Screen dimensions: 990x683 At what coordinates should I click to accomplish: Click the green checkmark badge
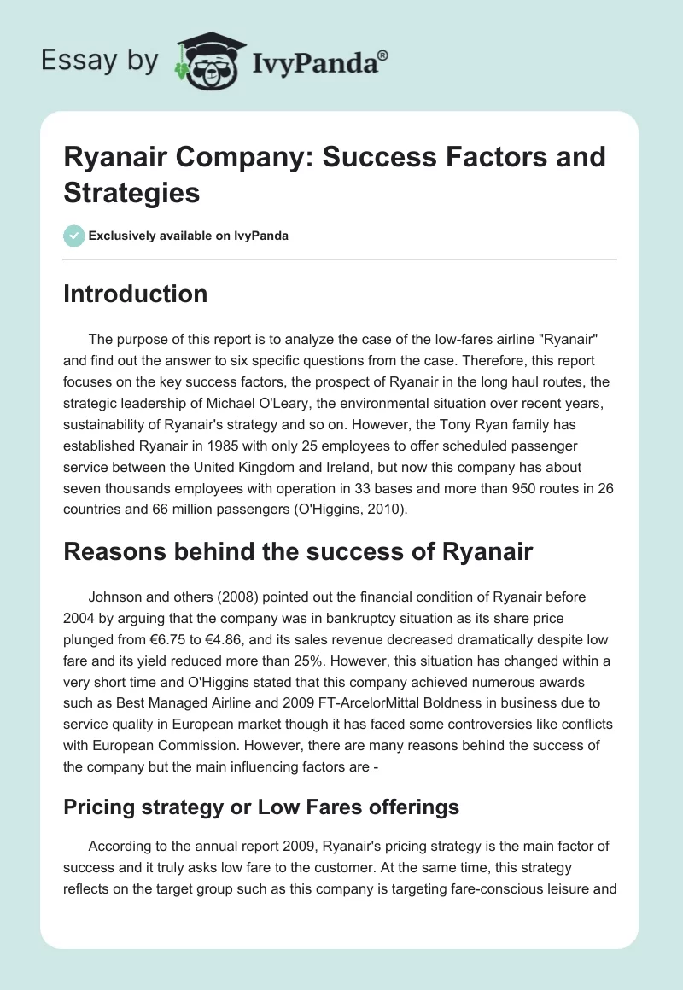pyautogui.click(x=73, y=236)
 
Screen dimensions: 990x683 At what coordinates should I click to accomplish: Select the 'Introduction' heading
pyautogui.click(x=135, y=294)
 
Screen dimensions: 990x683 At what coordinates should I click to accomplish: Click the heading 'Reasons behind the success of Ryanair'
pyautogui.click(x=298, y=551)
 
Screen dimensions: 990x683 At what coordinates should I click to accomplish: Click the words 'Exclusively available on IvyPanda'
pyautogui.click(x=188, y=236)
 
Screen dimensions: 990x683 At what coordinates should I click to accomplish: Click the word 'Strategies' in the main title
pyautogui.click(x=131, y=192)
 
